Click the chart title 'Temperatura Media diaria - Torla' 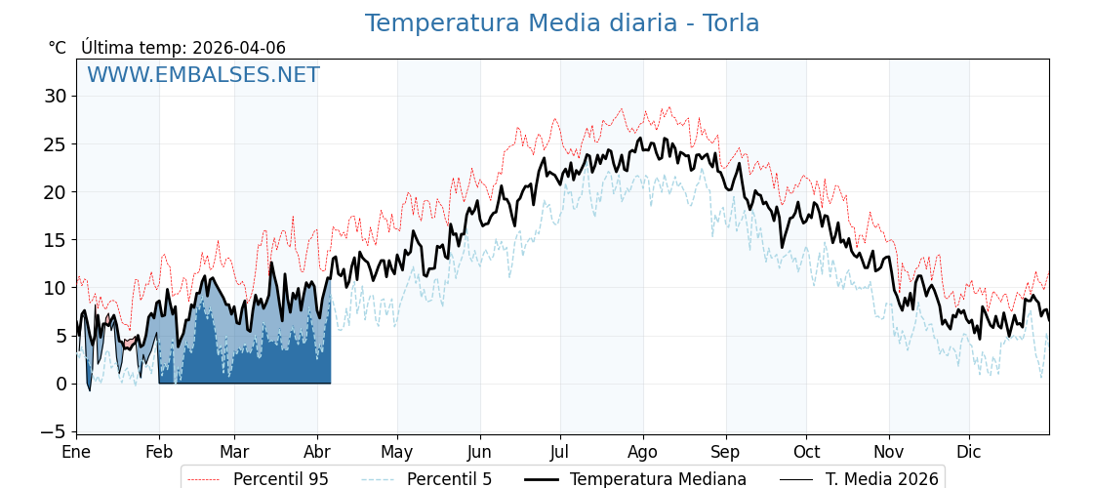562,23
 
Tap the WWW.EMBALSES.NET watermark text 203,75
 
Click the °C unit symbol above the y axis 58,48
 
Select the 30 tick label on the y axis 55,96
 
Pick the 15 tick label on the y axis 55,240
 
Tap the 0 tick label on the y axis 61,384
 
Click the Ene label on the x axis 76,452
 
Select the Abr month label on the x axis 317,452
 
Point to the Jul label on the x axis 560,452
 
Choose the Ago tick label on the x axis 643,452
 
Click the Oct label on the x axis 806,452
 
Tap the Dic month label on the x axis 969,452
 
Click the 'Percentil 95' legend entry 280,479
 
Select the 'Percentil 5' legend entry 449,479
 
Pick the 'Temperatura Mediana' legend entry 658,479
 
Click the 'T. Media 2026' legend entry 881,479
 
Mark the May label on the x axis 397,452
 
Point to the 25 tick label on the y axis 55,144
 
